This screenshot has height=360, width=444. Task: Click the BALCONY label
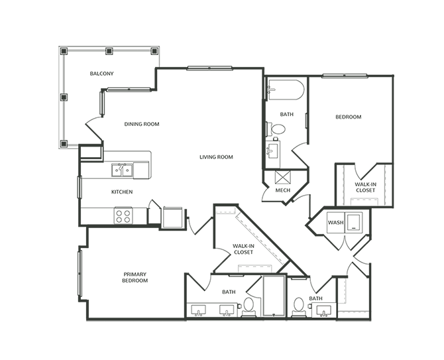click(x=102, y=73)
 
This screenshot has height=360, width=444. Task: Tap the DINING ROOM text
click(x=142, y=124)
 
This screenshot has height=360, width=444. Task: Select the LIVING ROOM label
click(x=216, y=157)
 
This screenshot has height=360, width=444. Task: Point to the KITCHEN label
click(x=122, y=192)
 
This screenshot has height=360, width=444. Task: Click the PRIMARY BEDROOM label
click(x=135, y=277)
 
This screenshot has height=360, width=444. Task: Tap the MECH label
click(x=283, y=190)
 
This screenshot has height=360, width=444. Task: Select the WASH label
click(x=335, y=222)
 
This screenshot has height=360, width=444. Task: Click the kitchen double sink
click(x=123, y=170)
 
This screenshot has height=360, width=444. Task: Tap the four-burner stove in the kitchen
click(x=123, y=215)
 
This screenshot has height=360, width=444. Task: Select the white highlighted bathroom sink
click(x=324, y=310)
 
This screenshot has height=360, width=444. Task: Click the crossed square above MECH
click(x=283, y=177)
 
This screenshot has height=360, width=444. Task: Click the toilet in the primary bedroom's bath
click(x=249, y=306)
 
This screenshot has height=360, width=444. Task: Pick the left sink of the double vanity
click(x=198, y=310)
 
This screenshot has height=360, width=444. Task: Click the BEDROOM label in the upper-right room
click(x=348, y=117)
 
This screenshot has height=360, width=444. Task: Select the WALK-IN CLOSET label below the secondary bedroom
click(x=365, y=187)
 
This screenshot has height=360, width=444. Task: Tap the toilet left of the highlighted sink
click(x=298, y=306)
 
